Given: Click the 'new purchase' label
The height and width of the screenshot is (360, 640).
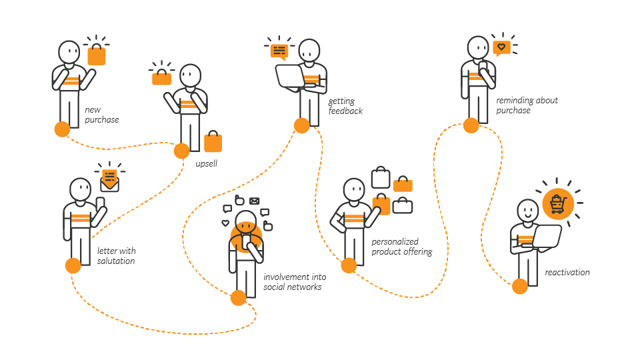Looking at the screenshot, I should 101,115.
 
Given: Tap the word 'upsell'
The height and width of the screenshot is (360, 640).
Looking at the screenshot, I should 207,163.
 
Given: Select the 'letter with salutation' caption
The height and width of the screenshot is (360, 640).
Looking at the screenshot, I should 116,256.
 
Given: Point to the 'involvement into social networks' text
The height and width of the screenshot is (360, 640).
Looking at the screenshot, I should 293,282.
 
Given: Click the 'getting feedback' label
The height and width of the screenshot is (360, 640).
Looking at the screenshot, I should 345,106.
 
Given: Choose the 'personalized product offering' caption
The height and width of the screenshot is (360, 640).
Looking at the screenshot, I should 401,247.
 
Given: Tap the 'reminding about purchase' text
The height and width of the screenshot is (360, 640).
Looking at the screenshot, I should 527,105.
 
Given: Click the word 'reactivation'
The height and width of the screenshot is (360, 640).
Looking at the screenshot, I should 567,272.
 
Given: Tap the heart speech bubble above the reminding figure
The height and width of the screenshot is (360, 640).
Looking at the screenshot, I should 501,48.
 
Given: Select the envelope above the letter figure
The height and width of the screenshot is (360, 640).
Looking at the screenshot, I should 109,181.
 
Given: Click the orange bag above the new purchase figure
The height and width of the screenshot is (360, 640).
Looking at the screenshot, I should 97,55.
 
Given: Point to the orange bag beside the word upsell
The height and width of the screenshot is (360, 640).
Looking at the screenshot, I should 213,141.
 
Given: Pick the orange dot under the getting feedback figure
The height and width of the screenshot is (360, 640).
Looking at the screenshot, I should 301,125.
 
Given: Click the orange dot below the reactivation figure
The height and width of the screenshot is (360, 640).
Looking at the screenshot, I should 520,287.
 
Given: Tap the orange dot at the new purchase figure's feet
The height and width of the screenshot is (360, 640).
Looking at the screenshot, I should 62,129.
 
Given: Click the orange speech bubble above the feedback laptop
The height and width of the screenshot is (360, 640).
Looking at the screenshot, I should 279,51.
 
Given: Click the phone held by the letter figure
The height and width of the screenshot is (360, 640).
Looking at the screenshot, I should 100,202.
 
